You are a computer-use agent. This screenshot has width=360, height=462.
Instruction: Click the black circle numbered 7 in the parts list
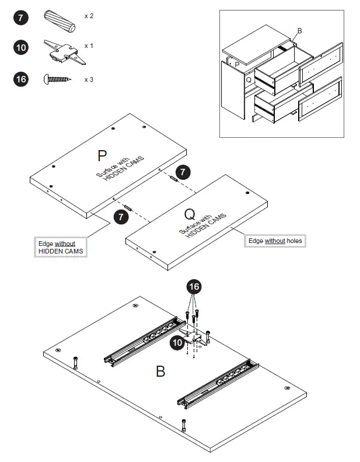click(x=21, y=18)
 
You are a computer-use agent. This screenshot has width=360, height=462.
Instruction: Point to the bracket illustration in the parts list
click(x=65, y=51)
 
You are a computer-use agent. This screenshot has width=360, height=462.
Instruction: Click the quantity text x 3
click(x=89, y=79)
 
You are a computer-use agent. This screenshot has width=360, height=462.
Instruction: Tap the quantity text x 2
click(x=89, y=16)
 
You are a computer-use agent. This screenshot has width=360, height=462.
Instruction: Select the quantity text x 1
click(x=89, y=46)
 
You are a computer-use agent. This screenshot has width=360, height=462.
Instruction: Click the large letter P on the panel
click(x=102, y=156)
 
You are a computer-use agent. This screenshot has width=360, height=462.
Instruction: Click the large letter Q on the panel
click(x=190, y=214)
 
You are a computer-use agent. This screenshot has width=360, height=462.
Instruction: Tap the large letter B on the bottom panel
click(x=160, y=371)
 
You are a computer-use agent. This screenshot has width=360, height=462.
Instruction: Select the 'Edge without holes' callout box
click(x=275, y=241)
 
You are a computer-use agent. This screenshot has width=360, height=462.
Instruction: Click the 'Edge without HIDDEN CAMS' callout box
click(x=61, y=247)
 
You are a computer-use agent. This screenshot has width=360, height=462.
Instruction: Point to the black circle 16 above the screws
click(x=194, y=287)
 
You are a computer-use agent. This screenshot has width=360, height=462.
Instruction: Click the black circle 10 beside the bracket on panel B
click(x=177, y=343)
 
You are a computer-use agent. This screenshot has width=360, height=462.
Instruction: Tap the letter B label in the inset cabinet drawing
click(x=299, y=31)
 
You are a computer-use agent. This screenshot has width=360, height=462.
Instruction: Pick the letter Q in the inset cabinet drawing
click(x=249, y=79)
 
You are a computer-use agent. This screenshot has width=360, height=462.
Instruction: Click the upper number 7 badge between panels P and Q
click(x=183, y=172)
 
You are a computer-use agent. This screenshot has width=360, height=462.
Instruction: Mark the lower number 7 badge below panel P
click(x=121, y=217)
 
